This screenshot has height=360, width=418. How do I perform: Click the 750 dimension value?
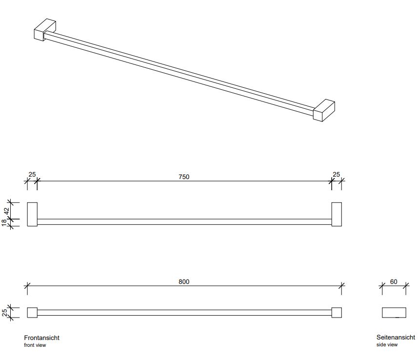[184, 177]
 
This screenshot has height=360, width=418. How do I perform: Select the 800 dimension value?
[184, 281]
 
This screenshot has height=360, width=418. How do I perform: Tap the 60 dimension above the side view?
[394, 281]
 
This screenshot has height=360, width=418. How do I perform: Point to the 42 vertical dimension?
[6, 211]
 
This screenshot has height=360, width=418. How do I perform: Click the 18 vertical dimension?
[4, 222]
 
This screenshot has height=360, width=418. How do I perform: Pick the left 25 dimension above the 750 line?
[32, 175]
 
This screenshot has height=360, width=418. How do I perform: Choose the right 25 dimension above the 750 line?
[336, 175]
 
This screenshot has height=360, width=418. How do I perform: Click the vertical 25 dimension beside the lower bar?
[4, 313]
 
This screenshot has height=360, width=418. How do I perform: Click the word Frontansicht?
[41, 338]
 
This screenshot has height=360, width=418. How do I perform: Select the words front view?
[35, 345]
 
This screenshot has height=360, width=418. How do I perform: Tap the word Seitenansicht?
[396, 337]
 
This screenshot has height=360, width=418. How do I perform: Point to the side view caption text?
[387, 344]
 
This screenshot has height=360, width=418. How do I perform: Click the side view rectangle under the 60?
[394, 313]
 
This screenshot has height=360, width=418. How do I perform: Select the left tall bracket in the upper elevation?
[32, 215]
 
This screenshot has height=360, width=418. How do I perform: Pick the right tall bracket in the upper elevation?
[337, 215]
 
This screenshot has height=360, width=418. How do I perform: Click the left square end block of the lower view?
[32, 313]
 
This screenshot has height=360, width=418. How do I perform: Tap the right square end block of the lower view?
[337, 313]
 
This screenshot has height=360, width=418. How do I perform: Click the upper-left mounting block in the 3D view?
[45, 30]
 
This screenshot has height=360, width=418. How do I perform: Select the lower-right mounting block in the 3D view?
[324, 110]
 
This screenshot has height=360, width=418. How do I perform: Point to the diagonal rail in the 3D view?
[179, 74]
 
